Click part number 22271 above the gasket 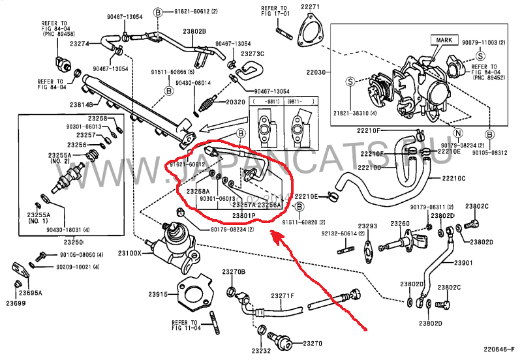[310, 7]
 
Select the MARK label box [442, 40]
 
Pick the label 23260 [400, 224]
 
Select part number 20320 [235, 102]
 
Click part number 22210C [453, 177]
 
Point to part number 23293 [369, 226]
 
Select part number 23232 [262, 350]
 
